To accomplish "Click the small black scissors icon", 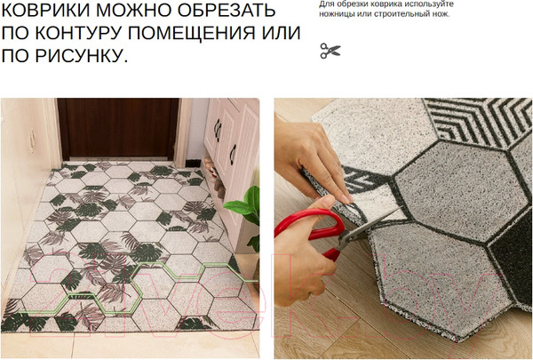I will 330,51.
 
